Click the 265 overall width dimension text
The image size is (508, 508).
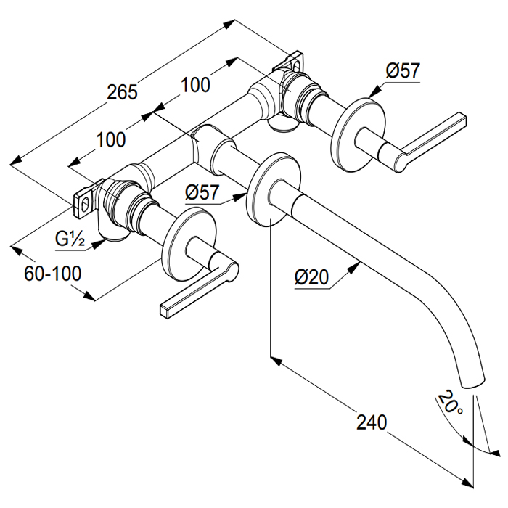122,92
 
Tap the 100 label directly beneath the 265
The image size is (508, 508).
110,139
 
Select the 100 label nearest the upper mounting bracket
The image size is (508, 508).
195,84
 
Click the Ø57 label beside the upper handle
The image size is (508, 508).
403,71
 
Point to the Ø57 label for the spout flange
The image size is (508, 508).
202,193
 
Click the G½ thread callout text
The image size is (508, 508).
70,237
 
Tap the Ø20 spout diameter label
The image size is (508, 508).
313,276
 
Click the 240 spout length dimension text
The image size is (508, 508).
372,422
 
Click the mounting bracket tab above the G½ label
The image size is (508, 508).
86,200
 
